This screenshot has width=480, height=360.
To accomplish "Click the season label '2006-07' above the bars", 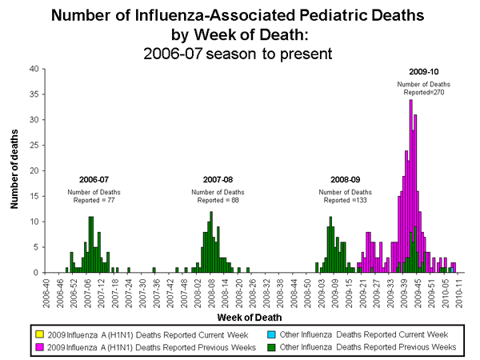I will pyautogui.click(x=94, y=179).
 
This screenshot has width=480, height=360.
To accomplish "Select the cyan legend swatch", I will pyautogui.click(x=255, y=333).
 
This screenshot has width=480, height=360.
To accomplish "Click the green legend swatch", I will pyautogui.click(x=255, y=346).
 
